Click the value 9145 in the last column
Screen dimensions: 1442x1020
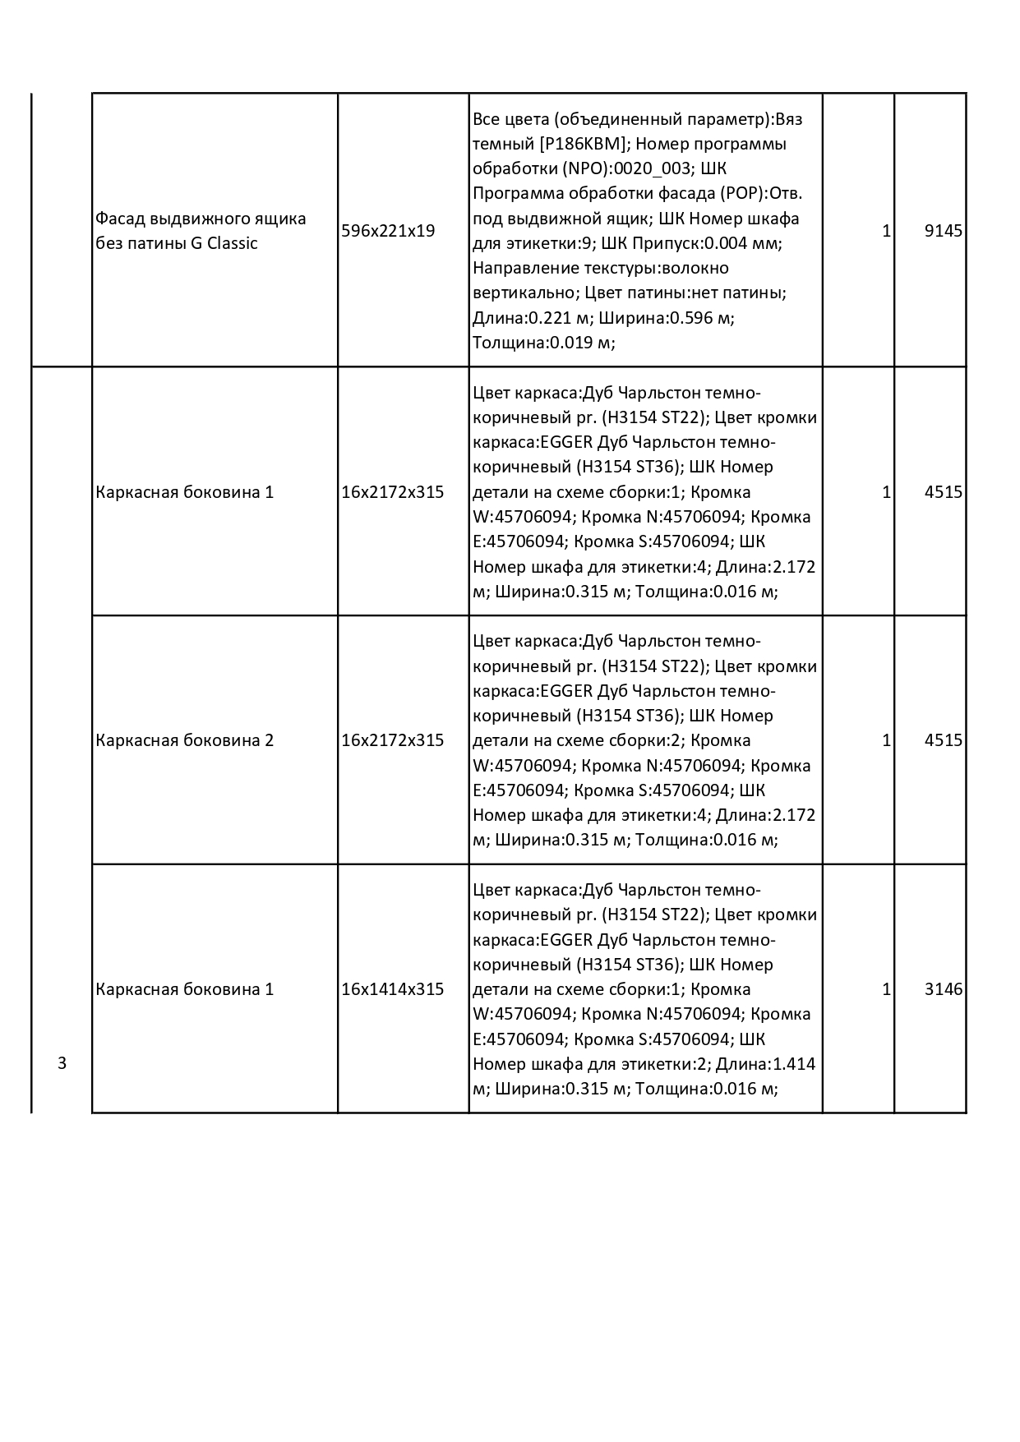(943, 231)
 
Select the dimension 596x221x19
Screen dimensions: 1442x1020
(388, 231)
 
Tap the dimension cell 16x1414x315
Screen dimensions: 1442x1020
(392, 989)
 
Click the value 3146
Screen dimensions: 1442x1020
(943, 989)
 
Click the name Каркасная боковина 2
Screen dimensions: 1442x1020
(184, 740)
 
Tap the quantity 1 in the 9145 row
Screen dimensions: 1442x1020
(886, 231)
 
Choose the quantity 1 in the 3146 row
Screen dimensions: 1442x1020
(886, 989)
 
